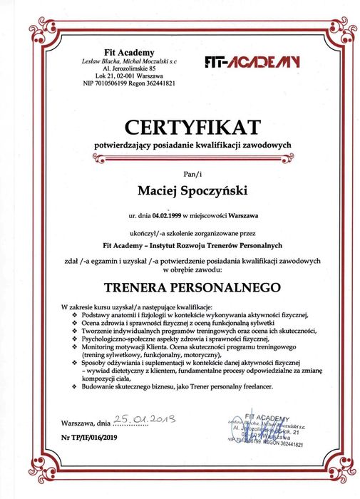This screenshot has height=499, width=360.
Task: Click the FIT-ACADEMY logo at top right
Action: coord(252,62)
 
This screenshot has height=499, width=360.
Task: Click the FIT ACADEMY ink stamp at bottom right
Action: coord(266,431)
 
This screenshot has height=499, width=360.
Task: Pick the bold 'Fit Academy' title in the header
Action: coord(128,52)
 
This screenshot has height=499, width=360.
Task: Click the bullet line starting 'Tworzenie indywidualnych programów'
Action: coord(199,330)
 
